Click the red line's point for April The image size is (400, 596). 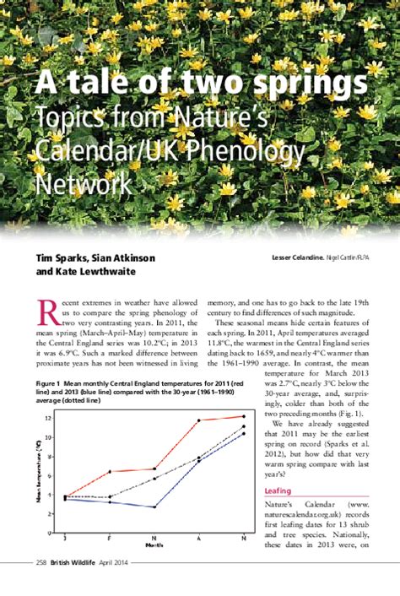point(199,420)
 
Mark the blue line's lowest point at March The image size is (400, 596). point(154,507)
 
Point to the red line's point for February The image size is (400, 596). point(110,472)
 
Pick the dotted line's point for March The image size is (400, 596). point(154,478)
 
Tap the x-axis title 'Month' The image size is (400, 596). point(154,546)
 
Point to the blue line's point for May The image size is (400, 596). point(244,433)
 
